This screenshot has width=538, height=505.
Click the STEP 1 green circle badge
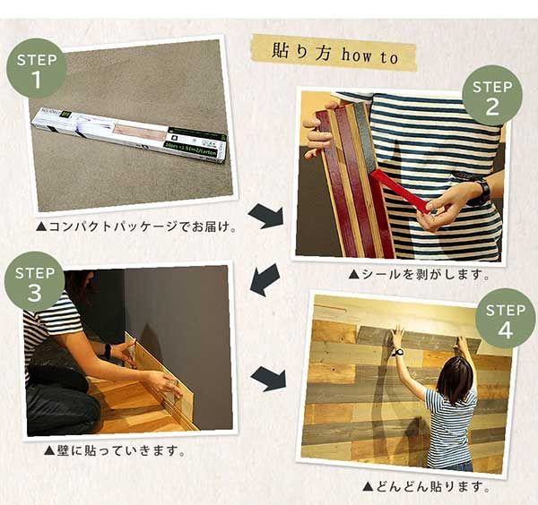pyautogui.click(x=37, y=69)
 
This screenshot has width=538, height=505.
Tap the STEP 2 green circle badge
pyautogui.click(x=491, y=95)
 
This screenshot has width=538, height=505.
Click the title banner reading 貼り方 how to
pyautogui.click(x=333, y=52)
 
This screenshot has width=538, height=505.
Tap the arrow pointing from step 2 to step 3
pyautogui.click(x=264, y=279)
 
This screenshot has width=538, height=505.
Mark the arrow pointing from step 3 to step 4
pyautogui.click(x=267, y=378)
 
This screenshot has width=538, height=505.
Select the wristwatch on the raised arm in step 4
pyautogui.click(x=396, y=352)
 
